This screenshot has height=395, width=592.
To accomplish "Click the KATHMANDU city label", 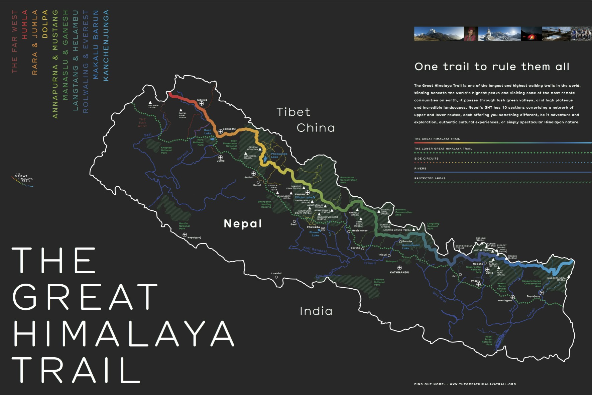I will [x=399, y=272].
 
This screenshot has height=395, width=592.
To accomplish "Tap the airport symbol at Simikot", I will [x=202, y=103].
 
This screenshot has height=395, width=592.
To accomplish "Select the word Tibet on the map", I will [x=293, y=112].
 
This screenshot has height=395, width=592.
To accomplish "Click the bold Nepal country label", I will [x=243, y=223].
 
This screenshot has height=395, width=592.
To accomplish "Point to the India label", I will [x=316, y=311].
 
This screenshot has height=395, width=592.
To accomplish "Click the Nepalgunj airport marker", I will [x=185, y=235].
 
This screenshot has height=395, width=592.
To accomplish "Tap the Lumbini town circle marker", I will [x=276, y=277].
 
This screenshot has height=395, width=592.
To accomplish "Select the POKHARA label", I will [x=313, y=227].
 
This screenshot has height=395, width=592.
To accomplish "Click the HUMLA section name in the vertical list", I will [x=25, y=24].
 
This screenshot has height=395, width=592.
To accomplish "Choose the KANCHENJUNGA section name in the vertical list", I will [x=106, y=45].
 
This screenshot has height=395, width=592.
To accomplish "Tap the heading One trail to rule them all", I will [x=492, y=67].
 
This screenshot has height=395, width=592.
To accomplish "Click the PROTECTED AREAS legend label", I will [x=430, y=178].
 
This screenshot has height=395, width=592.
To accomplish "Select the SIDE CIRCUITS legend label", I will [x=426, y=159].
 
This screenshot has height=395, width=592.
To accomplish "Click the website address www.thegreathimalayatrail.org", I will [x=483, y=384].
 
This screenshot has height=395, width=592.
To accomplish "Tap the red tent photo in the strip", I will [x=531, y=34].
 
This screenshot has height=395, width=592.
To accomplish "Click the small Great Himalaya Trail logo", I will [x=23, y=179].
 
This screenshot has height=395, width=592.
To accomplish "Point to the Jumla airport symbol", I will [x=220, y=157].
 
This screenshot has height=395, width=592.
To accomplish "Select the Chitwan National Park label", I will [x=379, y=282].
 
